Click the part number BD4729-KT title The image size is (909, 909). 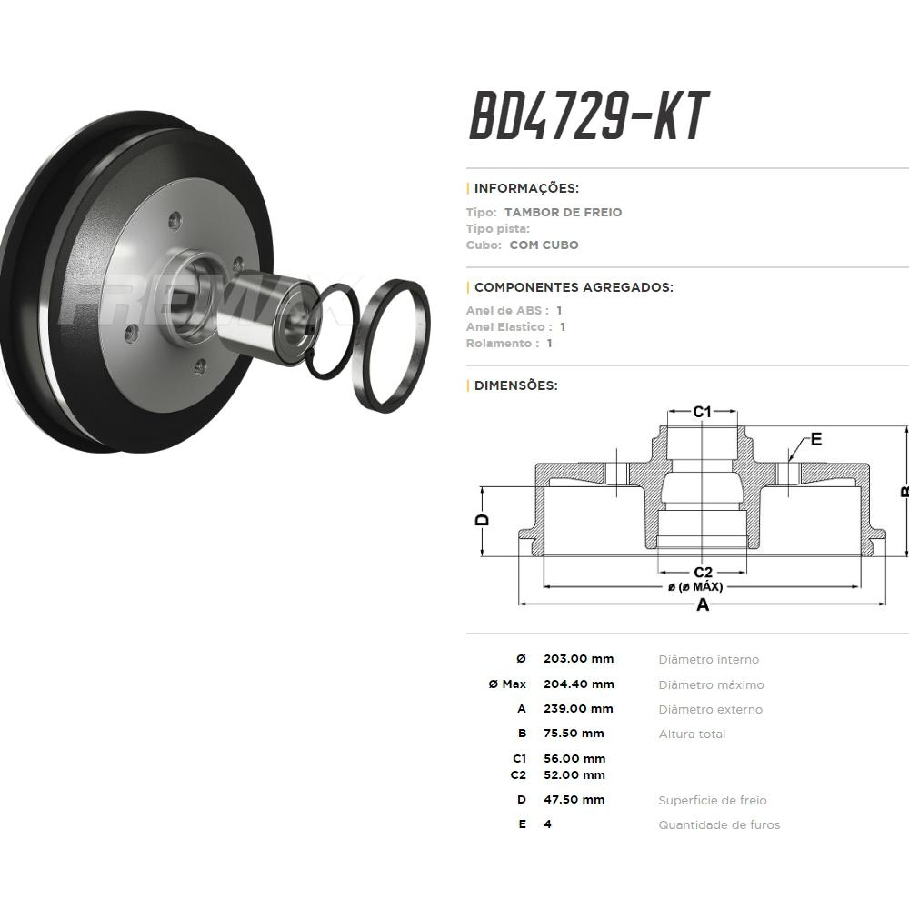[x=589, y=116]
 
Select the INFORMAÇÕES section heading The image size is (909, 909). [x=526, y=188]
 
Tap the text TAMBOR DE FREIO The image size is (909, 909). [x=563, y=212]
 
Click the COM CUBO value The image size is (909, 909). [x=544, y=245]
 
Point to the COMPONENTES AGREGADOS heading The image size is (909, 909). [x=574, y=287]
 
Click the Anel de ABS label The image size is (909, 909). [x=507, y=310]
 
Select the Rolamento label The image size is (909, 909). [x=499, y=344]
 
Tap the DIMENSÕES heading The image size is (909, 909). [x=516, y=385]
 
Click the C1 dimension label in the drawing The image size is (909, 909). [x=702, y=412]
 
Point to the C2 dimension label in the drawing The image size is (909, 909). [x=703, y=573]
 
